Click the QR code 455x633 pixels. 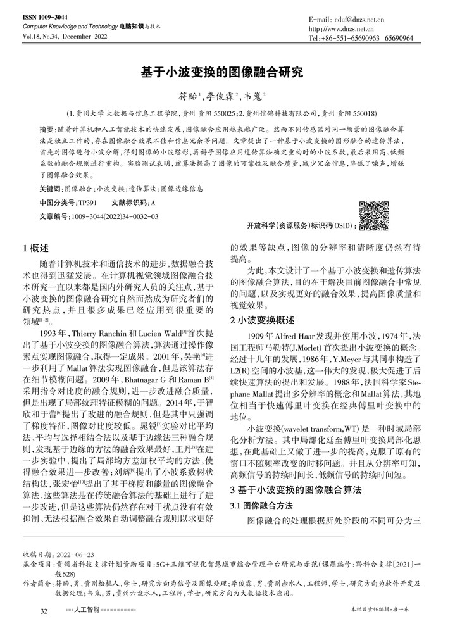[x=373, y=216]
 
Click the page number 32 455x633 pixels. [x=44, y=611]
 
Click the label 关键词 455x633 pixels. [x=51, y=189]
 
